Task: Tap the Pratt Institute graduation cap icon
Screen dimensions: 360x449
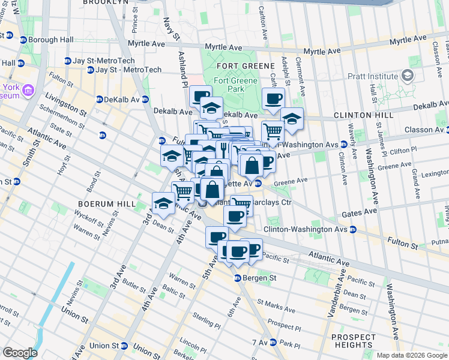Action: coord(408,76)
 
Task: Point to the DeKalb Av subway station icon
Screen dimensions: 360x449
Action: coord(99,100)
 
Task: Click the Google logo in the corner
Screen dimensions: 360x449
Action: coord(20,353)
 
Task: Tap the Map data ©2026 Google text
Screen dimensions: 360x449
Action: coord(411,355)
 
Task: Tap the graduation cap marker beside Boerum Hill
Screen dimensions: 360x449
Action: coord(163,204)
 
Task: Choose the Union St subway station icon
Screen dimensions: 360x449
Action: coord(124,346)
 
